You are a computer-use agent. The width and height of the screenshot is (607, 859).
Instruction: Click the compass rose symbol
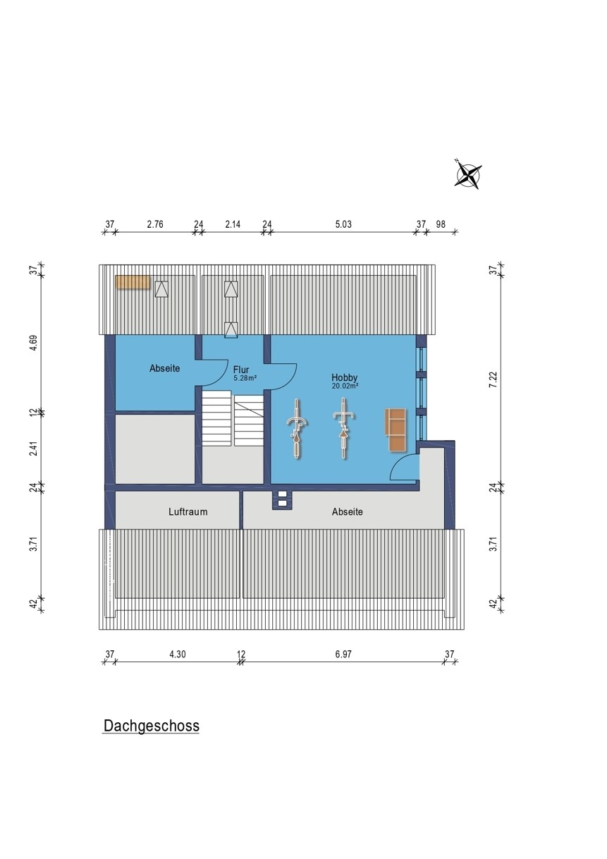(468, 175)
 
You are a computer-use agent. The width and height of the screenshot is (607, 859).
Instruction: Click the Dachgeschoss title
(152, 726)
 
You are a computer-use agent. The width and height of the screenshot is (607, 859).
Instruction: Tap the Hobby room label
(344, 377)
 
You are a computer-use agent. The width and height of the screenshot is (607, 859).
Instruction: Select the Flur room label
(241, 370)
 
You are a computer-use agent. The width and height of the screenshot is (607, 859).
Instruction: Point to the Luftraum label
(188, 511)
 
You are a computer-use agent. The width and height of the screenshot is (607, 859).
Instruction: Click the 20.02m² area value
(345, 386)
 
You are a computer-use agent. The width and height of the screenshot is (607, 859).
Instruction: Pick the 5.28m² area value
(245, 378)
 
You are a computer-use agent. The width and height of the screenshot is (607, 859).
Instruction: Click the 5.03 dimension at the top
(343, 224)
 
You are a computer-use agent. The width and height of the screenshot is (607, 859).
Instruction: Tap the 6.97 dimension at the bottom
(343, 654)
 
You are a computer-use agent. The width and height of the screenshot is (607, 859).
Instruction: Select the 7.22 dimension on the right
(493, 379)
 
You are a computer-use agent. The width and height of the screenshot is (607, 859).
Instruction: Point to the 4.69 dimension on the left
(34, 343)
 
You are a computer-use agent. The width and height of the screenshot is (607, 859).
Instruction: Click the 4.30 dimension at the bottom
(178, 654)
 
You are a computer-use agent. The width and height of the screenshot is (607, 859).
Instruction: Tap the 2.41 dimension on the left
(34, 449)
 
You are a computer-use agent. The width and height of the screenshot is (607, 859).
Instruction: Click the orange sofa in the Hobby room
(396, 430)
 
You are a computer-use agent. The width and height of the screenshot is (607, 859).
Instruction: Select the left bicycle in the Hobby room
(296, 429)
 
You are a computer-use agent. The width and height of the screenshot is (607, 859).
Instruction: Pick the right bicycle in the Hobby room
(343, 428)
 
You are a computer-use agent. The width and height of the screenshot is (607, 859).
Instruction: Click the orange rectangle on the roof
(133, 282)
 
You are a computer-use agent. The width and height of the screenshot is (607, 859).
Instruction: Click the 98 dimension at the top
(441, 224)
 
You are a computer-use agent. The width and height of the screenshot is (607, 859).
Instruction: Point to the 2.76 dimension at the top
(155, 224)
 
